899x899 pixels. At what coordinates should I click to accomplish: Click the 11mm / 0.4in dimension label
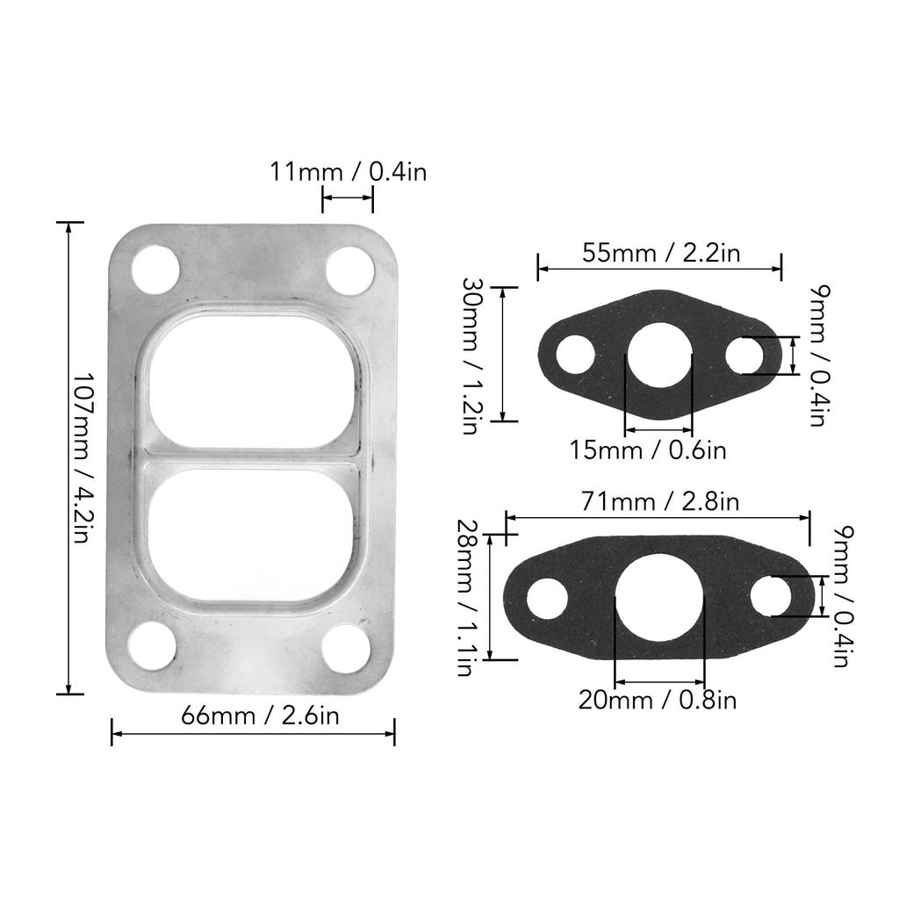[x=348, y=171]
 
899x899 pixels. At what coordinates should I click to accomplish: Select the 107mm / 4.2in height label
[x=81, y=458]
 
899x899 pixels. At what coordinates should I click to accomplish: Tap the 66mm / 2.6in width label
[x=260, y=716]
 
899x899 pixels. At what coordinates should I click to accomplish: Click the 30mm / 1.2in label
[x=472, y=356]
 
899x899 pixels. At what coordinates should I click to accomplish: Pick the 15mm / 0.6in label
[x=648, y=450]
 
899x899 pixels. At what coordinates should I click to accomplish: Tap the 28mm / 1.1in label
[x=466, y=598]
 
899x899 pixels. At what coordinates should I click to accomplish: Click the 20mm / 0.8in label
[x=658, y=700]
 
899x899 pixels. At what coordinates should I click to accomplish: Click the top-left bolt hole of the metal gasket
[x=155, y=270]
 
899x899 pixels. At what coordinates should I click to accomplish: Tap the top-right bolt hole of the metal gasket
[x=349, y=270]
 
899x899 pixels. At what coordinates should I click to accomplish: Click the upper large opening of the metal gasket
[x=252, y=382]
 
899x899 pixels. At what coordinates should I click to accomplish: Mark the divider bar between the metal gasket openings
[x=252, y=458]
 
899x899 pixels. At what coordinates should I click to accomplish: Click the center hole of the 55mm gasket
[x=658, y=356]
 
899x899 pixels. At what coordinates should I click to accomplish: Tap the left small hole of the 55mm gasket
[x=575, y=356]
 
